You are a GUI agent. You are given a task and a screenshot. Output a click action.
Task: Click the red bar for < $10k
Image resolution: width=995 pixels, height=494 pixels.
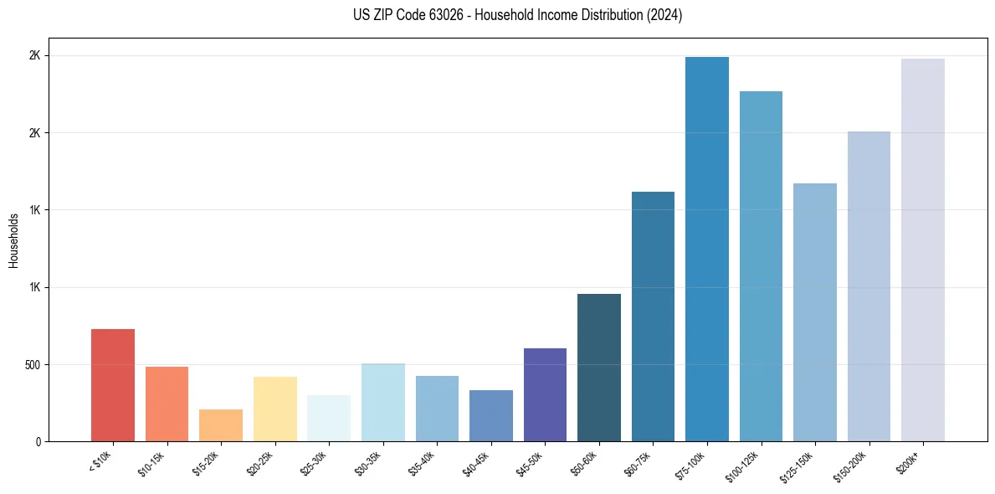coord(113,385)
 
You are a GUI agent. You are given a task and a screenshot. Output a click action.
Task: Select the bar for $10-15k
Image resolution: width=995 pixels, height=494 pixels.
coord(167,404)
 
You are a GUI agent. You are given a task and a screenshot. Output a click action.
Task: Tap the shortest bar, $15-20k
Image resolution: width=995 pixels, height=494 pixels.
coord(221,425)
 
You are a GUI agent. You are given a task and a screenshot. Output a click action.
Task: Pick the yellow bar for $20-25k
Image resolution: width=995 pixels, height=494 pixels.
coord(274,409)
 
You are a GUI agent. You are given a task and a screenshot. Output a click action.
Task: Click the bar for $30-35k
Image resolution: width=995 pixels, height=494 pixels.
coord(382,403)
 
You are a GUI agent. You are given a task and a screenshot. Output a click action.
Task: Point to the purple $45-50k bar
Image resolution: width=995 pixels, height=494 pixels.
coord(545,395)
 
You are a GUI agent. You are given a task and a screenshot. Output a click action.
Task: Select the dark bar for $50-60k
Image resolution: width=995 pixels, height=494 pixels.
coord(599,368)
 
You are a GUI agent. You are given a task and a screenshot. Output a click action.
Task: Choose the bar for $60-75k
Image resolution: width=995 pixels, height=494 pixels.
coord(653,316)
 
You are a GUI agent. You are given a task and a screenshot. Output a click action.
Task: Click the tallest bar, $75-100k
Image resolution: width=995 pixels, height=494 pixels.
coord(707,250)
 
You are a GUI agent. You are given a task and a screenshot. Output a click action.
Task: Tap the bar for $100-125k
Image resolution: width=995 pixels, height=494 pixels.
coord(761,266)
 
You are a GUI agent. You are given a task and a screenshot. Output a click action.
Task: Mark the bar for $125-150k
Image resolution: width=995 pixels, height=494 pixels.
coord(815,312)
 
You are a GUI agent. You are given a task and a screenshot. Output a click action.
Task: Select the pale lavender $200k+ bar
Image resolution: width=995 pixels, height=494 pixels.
coord(923,250)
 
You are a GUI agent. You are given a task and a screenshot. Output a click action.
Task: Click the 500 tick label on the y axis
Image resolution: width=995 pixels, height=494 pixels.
coord(33,365)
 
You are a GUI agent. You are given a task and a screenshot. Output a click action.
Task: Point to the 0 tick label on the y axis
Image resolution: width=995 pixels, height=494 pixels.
coord(38,442)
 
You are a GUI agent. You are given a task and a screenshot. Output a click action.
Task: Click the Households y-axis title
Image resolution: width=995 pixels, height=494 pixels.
coord(14,240)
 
